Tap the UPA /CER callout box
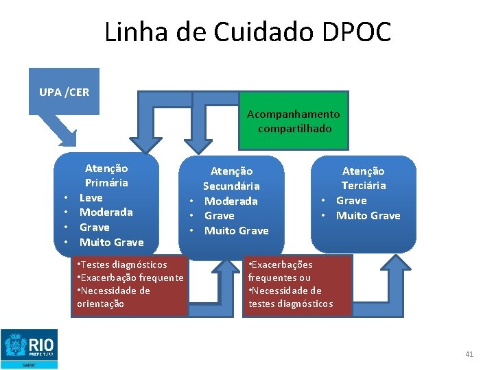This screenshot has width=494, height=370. pyautogui.click(x=64, y=91)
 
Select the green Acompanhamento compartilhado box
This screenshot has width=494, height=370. pyautogui.click(x=293, y=121)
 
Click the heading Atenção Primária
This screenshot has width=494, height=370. pyautogui.click(x=106, y=175)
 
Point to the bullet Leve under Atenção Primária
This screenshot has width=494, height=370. pyautogui.click(x=91, y=197)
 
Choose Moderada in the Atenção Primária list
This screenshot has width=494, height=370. pyautogui.click(x=106, y=212)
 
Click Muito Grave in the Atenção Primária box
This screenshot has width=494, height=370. pyautogui.click(x=111, y=242)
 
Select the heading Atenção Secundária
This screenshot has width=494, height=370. pyautogui.click(x=231, y=178)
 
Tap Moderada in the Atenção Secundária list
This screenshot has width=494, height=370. pyautogui.click(x=231, y=201)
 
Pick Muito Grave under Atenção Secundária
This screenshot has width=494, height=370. pyautogui.click(x=236, y=230)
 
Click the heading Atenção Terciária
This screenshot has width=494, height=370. pyautogui.click(x=364, y=178)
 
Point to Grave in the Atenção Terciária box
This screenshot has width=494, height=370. pyautogui.click(x=351, y=201)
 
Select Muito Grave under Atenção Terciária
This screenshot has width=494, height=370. pyautogui.click(x=368, y=216)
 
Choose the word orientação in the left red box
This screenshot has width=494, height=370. pyautogui.click(x=101, y=304)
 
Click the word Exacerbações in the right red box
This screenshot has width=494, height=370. pyautogui.click(x=282, y=264)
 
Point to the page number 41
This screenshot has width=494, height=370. pyautogui.click(x=469, y=354)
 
